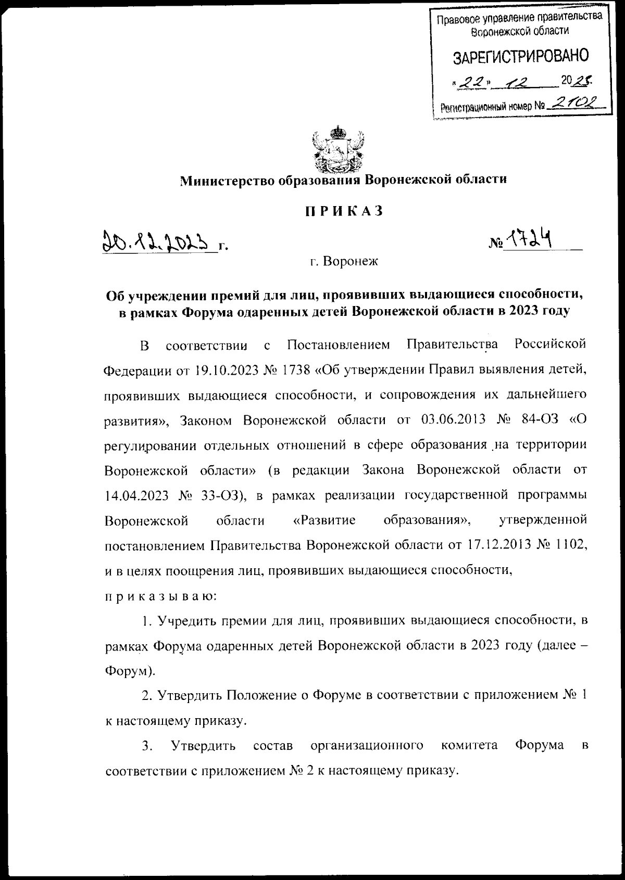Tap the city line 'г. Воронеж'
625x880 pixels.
tap(343, 261)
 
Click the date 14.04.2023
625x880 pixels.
tap(136, 495)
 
